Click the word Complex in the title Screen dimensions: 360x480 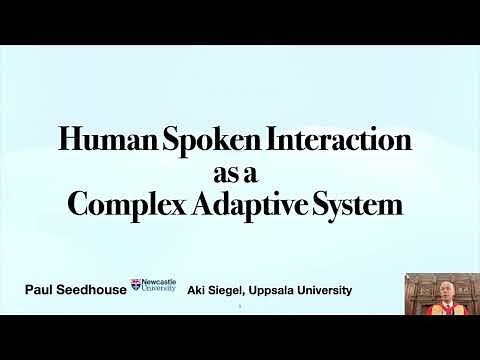coord(127,206)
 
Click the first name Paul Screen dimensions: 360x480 coord(41,290)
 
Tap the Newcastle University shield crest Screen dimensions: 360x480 coord(137,286)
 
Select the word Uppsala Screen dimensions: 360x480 coord(285,290)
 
